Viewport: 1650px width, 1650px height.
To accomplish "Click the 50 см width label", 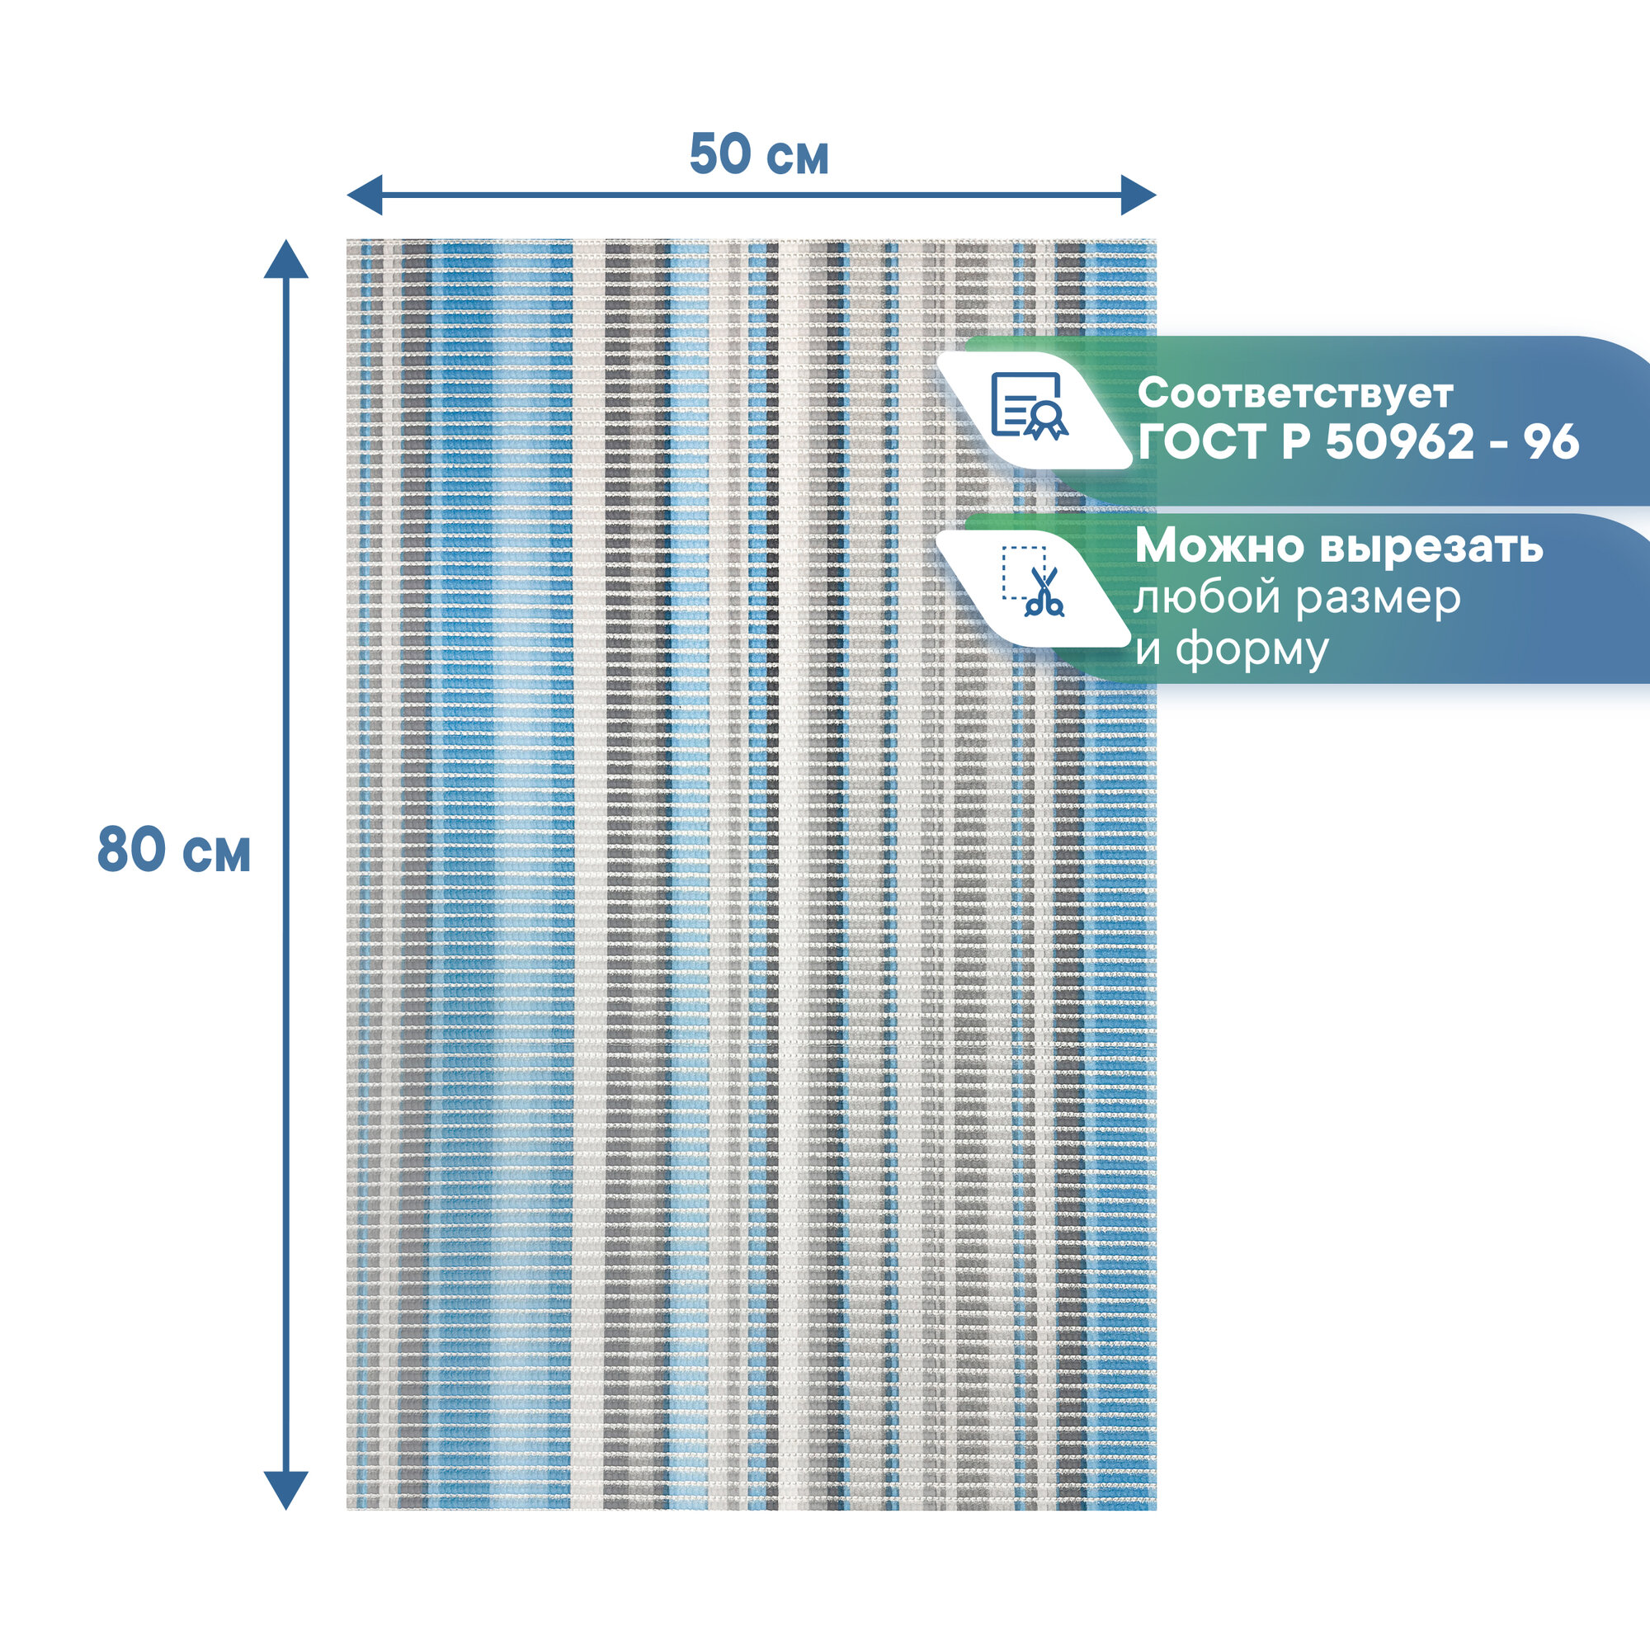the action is tap(758, 155).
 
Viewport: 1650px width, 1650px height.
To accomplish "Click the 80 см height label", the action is tap(174, 851).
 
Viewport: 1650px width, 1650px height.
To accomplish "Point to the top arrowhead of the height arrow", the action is tap(285, 259).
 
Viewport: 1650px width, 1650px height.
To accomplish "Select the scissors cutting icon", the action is tap(1035, 585).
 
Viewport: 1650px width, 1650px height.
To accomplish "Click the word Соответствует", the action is tap(1294, 394).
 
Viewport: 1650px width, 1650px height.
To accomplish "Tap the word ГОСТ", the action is tap(1200, 442).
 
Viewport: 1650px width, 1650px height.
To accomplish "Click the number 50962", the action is tap(1400, 442).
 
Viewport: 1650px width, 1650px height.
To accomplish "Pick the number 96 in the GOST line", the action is tap(1553, 442).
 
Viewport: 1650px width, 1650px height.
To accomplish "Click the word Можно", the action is tap(1219, 547).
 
